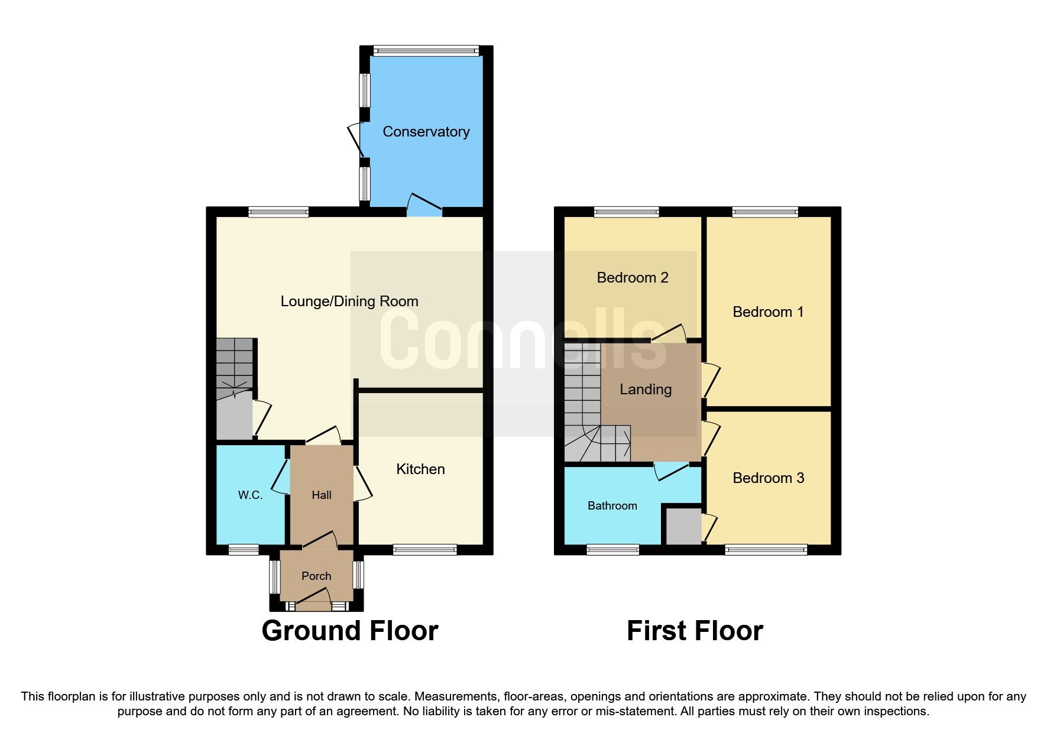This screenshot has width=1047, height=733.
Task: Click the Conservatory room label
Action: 426,132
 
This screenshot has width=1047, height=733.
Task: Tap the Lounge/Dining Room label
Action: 349,301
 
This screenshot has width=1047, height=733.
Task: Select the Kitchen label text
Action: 420,469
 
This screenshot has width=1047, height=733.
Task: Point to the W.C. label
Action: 250,495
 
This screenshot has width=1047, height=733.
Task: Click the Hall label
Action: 322,495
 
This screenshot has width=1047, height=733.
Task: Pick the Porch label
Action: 316,576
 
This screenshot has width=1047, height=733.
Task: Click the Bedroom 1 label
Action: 768,312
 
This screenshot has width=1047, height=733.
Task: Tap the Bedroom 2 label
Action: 632,278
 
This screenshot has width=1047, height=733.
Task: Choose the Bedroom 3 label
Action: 768,478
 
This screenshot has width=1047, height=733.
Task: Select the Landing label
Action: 645,390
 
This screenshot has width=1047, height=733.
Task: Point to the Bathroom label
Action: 612,506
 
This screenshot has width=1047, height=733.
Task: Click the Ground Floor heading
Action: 349,631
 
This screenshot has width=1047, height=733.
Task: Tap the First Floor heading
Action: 695,631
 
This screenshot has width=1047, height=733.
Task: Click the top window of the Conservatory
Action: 426,51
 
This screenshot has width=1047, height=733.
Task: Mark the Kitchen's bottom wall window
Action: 424,550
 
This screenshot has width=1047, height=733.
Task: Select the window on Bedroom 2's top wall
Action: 626,212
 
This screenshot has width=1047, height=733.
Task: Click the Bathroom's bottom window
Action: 612,550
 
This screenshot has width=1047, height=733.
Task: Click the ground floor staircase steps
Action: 234,361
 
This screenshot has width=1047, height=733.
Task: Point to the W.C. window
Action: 244,550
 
